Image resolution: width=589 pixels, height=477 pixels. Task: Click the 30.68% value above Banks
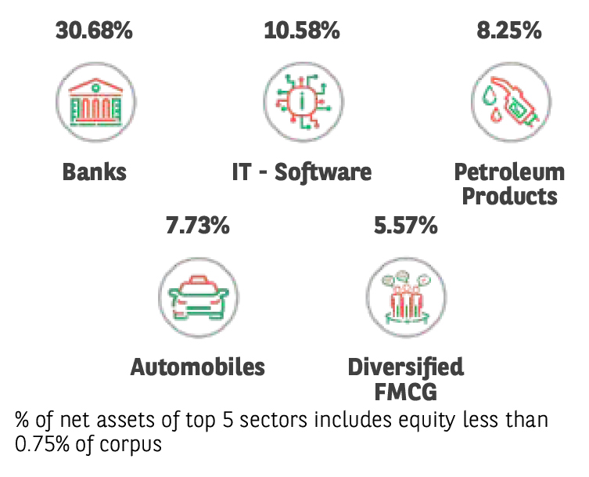pos(94,31)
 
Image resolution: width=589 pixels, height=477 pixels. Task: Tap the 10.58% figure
pos(302,31)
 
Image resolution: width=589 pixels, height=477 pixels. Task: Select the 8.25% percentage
pos(509,31)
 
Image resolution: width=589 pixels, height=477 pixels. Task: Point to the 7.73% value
pos(198,226)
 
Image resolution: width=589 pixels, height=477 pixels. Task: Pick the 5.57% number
pos(406,226)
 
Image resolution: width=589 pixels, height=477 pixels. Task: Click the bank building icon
pos(95,102)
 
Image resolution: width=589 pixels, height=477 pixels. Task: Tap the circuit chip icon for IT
pos(303,102)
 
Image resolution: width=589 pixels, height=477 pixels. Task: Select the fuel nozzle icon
pos(511,102)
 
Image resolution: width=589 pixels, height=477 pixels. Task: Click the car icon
pos(199,297)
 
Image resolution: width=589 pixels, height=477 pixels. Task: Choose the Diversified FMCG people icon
pos(406,297)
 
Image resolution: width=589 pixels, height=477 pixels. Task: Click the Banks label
pos(95,172)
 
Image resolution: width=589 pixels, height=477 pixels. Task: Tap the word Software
pos(323,172)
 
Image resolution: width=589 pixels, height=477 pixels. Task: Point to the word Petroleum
pos(509,172)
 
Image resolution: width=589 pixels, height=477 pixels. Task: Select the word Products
pos(509,197)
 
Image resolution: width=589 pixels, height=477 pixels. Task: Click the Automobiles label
pos(198,367)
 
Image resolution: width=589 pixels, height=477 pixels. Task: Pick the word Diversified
pos(406,367)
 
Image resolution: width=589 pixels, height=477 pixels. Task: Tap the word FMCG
pos(406,392)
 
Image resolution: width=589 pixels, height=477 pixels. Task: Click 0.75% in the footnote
pos(42,444)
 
